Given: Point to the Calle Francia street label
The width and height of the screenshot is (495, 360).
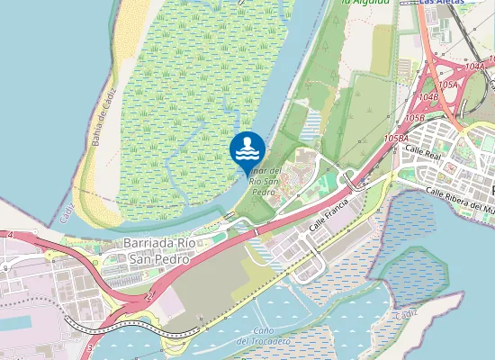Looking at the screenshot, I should pyautogui.click(x=328, y=215).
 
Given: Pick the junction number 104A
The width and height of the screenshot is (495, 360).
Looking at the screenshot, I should pyautogui.click(x=475, y=67).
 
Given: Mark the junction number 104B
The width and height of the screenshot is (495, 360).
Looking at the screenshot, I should pyautogui.click(x=428, y=96).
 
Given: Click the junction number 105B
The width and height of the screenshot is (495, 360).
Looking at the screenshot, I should pyautogui.click(x=414, y=118).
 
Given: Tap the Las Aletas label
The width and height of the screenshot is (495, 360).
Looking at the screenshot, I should pyautogui.click(x=442, y=3).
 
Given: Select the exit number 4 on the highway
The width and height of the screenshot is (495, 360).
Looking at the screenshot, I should pyautogui.click(x=10, y=235).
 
